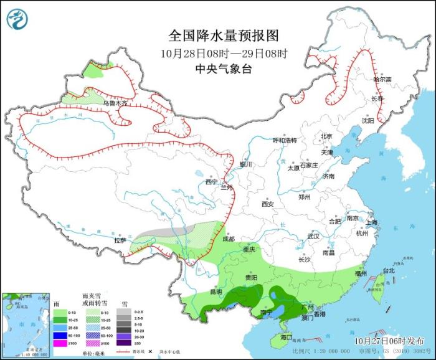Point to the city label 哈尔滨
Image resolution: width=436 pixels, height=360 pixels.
tap(382, 80)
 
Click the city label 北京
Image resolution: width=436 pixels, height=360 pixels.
tap(326, 136)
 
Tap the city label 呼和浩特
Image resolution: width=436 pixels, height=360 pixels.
tap(288, 140)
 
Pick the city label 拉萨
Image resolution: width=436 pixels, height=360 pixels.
tap(120, 240)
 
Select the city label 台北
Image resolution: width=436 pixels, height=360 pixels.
tap(388, 271)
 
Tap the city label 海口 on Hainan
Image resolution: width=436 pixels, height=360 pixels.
tap(286, 337)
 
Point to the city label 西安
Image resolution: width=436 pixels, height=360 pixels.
tap(268, 204)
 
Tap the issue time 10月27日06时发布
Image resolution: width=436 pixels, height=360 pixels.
tap(393, 341)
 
